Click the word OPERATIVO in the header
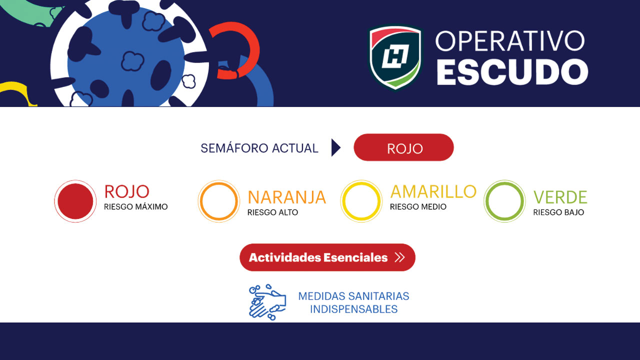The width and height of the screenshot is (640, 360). [510, 41]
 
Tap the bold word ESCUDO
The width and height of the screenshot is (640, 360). [512, 72]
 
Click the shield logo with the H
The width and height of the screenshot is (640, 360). [395, 57]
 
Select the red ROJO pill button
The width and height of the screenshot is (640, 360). [403, 147]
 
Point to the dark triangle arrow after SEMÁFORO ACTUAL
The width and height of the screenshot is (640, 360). [335, 147]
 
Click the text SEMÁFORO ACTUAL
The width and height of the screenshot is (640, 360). [259, 148]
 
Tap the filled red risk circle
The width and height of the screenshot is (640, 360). [75, 201]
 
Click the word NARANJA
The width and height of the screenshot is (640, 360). [287, 197]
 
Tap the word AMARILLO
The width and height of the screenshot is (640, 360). [433, 191]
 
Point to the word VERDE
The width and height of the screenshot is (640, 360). [560, 197]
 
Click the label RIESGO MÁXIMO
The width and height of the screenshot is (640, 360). [135, 207]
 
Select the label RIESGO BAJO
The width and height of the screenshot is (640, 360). [558, 212]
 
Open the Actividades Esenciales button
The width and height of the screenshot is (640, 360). [327, 257]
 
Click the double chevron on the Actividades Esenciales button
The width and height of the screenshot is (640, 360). [399, 257]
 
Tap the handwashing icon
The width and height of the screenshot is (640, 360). [267, 302]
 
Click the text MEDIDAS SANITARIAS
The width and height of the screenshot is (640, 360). [353, 296]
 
